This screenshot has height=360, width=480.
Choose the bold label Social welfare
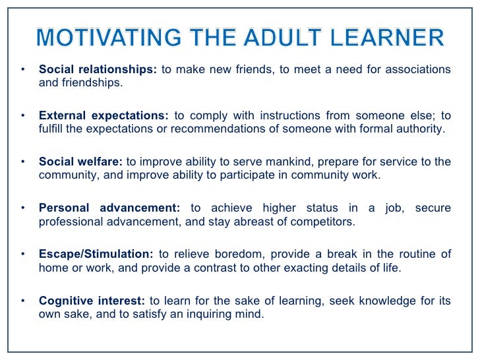pos(80,162)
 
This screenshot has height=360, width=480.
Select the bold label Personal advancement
pos(109,208)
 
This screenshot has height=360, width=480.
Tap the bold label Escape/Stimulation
pos(96,255)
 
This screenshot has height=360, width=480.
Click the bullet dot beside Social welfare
pos(23,162)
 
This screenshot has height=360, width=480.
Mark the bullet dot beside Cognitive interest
pos(23,301)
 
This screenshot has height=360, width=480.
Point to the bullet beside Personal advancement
pos(23,208)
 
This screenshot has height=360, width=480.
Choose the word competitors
pos(322,222)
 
